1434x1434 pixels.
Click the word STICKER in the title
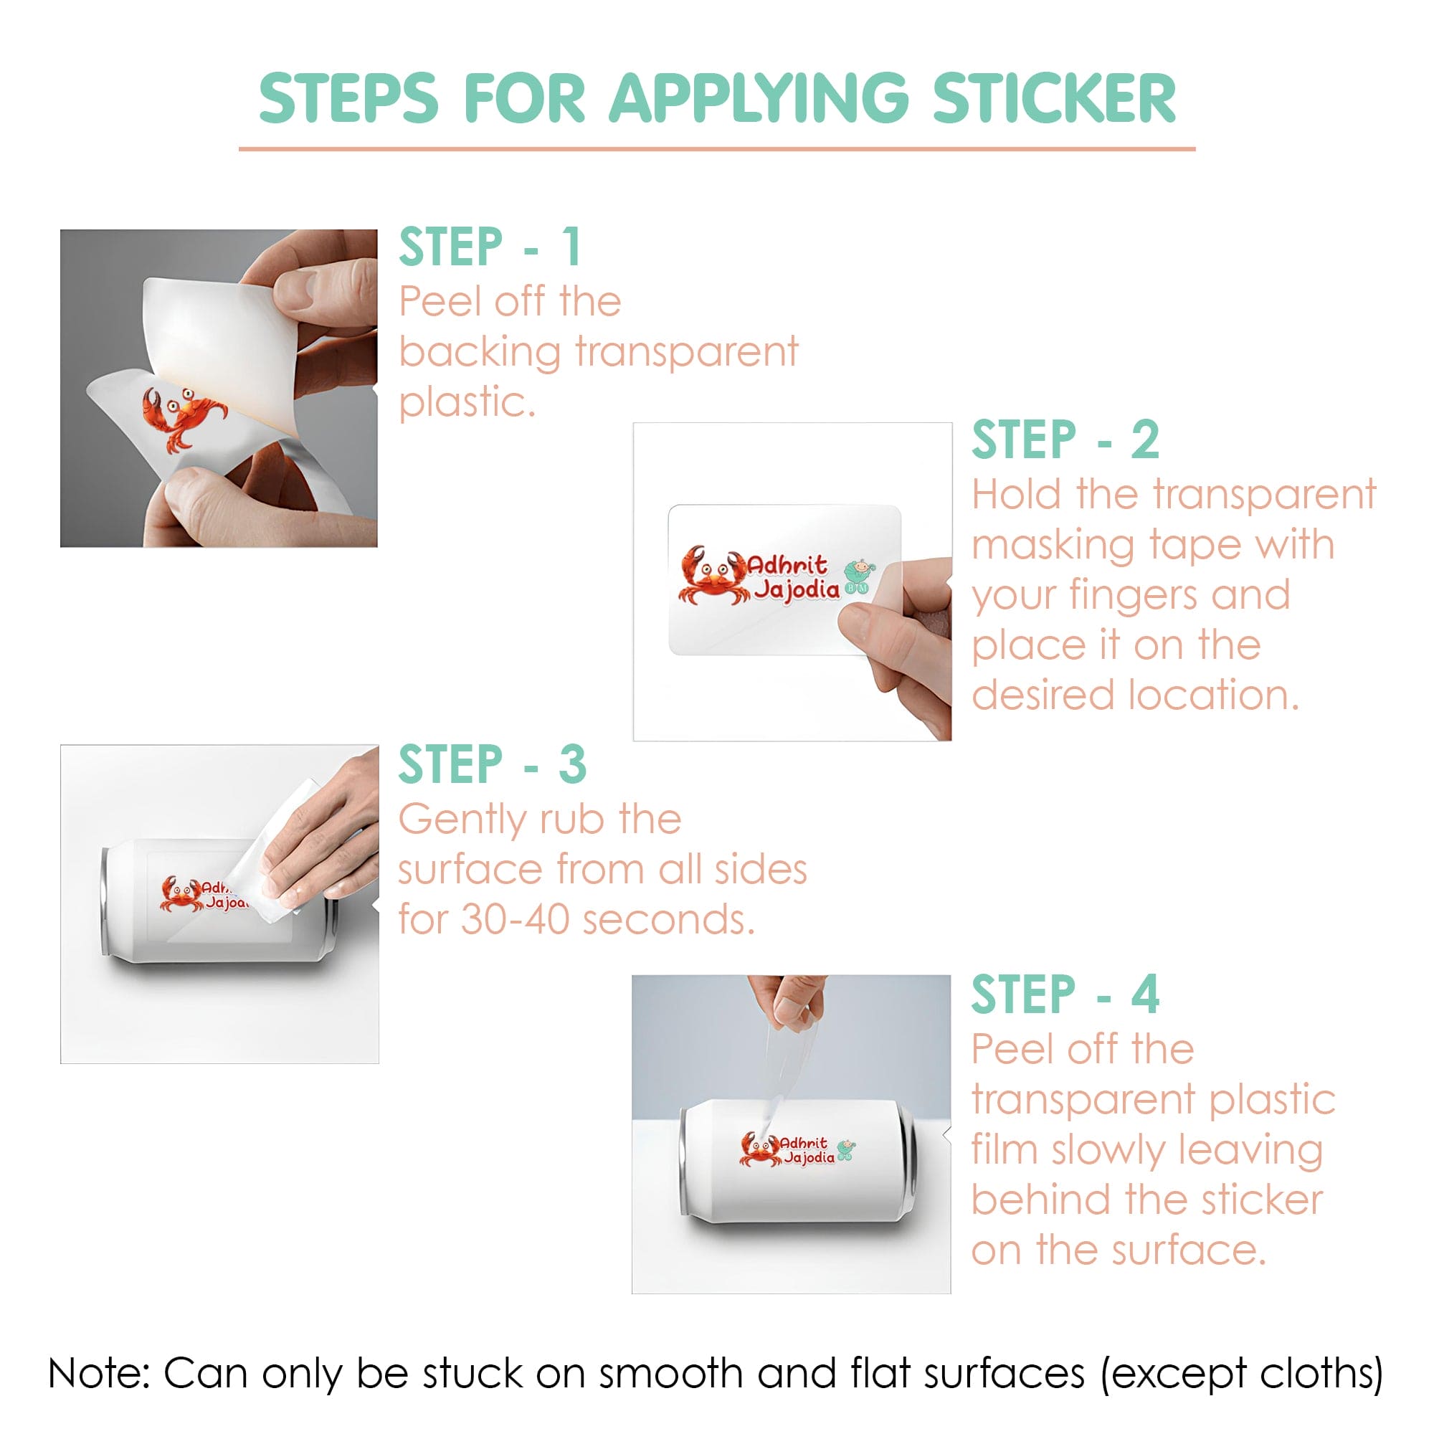point(1054,98)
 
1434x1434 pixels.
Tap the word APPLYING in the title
point(759,98)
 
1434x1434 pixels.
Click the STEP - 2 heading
point(1065,440)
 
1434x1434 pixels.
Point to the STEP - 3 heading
point(493,764)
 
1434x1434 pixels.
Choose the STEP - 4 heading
point(1065,994)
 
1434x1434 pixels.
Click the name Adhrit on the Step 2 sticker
point(787,564)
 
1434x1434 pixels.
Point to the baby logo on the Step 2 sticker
point(860,576)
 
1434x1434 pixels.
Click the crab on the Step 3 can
point(181,893)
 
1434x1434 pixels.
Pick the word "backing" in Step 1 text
point(480,352)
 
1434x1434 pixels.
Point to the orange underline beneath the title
point(717,149)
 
